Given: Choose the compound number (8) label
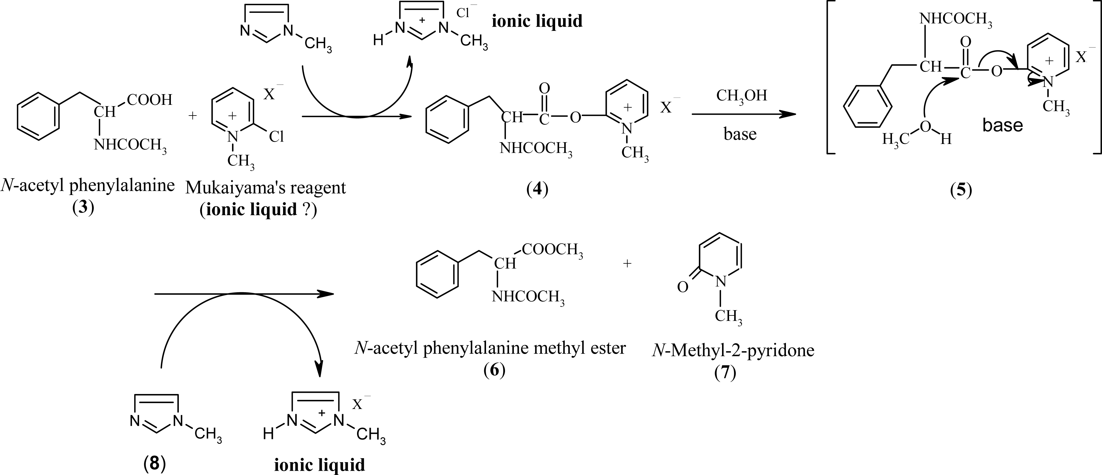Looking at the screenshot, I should (x=155, y=464).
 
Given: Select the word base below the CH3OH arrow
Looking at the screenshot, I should (x=740, y=134).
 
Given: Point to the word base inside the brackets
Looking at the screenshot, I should (x=1002, y=125).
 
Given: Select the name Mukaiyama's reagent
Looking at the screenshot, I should (x=265, y=188).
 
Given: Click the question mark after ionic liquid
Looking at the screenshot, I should (x=306, y=209).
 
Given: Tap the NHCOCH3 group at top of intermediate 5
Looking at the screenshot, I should (x=956, y=20).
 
